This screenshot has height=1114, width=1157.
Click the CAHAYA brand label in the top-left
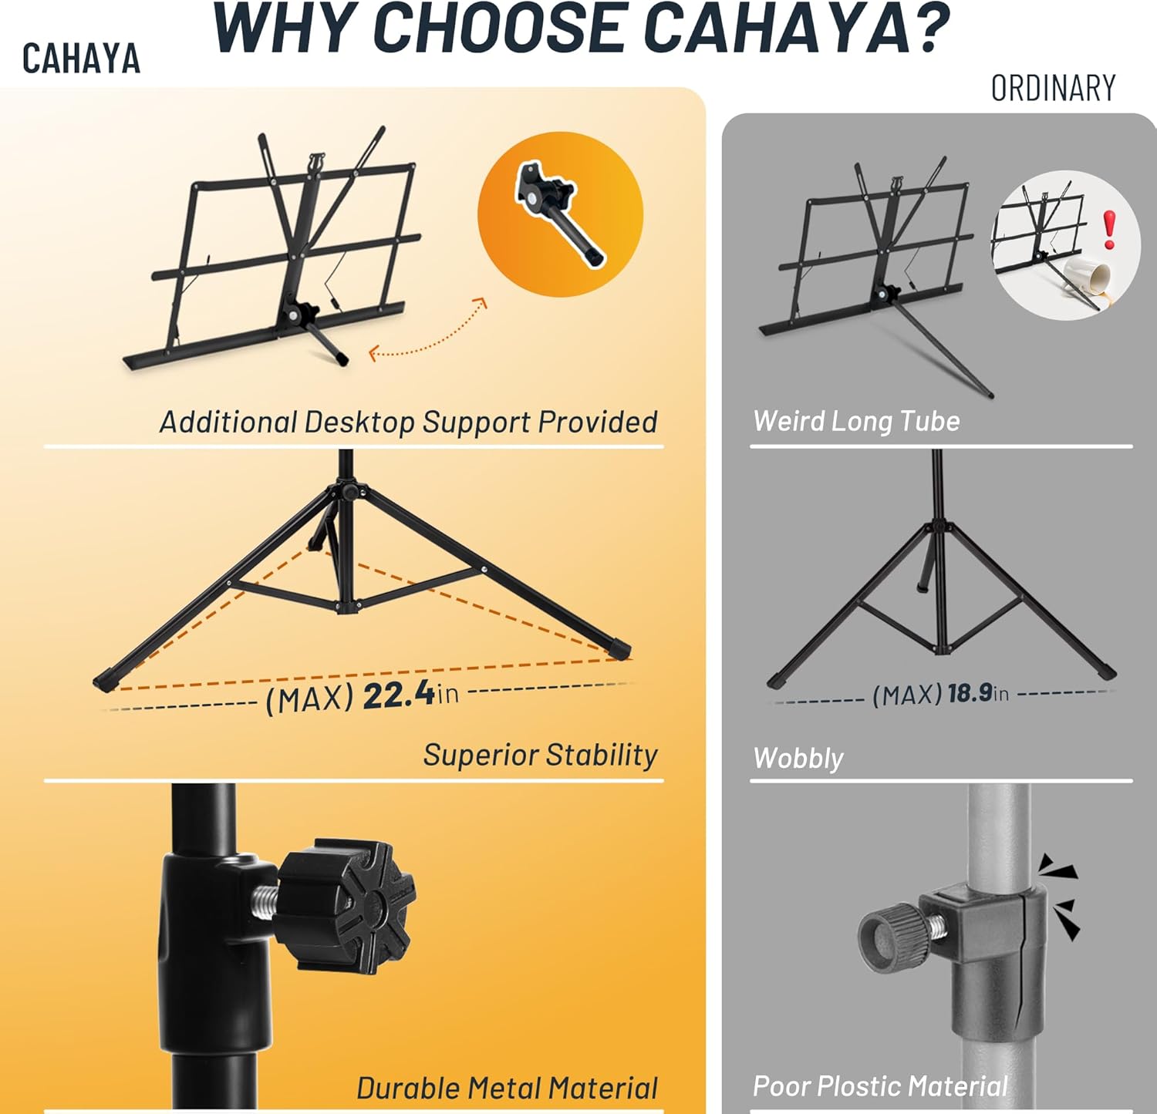coord(81,59)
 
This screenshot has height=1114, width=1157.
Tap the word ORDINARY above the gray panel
coord(1054,89)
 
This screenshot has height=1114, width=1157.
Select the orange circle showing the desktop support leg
coord(560,214)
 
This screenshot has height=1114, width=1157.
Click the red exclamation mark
coord(1109,230)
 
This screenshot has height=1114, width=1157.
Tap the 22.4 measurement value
coord(398,695)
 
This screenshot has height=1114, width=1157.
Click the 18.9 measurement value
coord(970,693)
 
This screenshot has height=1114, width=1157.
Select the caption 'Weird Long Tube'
coord(856,421)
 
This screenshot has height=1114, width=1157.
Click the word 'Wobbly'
coord(798,758)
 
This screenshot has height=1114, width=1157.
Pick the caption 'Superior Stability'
coord(540,755)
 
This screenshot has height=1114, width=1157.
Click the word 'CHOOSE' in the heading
coord(508,29)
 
